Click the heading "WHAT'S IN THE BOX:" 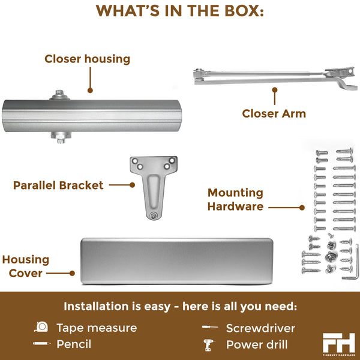click(180, 11)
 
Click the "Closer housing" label click(87, 59)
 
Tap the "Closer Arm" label click(274, 113)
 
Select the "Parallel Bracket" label click(58, 185)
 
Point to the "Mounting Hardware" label click(235, 199)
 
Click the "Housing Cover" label click(25, 266)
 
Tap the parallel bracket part click(154, 183)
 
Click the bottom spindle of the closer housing click(58, 137)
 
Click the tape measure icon click(41, 328)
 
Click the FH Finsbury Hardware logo click(339, 342)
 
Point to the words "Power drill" click(256, 344)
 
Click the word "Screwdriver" click(260, 328)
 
